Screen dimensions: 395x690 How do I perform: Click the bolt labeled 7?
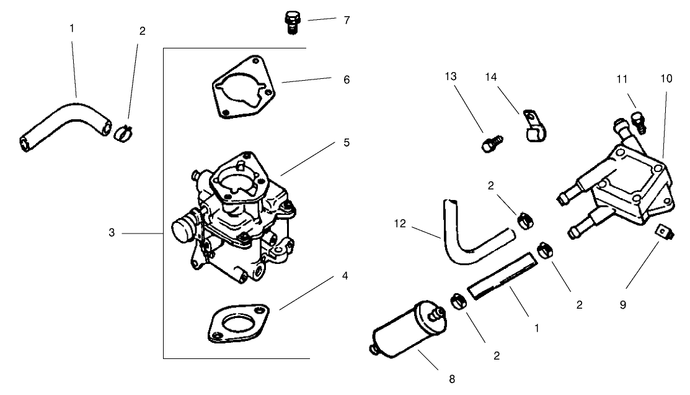pos(291,22)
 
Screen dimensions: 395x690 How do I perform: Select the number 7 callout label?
pos(347,20)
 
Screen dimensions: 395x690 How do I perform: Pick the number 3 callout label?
pos(112,233)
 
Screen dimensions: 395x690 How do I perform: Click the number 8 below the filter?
pos(451,378)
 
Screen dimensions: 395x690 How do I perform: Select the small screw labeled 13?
pos(489,145)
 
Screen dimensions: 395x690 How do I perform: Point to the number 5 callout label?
pos(347,142)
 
